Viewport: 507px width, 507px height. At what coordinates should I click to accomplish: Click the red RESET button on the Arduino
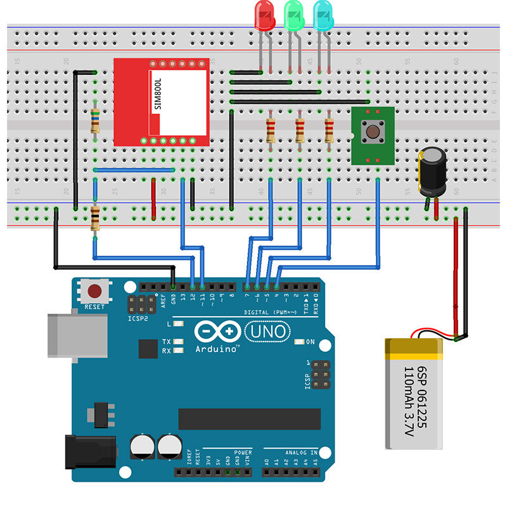pyautogui.click(x=94, y=292)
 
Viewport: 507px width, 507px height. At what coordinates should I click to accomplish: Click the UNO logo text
pyautogui.click(x=267, y=330)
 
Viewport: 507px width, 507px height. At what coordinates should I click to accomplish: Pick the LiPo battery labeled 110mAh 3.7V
pyautogui.click(x=414, y=393)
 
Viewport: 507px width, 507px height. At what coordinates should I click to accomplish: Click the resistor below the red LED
pyautogui.click(x=271, y=131)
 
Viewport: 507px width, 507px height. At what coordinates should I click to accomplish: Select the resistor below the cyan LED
pyautogui.click(x=329, y=131)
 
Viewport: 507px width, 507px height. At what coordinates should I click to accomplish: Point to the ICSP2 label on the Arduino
pyautogui.click(x=138, y=318)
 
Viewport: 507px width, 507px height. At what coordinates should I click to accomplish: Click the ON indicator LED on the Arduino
pyautogui.click(x=300, y=342)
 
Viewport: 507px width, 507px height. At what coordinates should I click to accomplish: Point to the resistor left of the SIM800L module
pyautogui.click(x=95, y=120)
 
